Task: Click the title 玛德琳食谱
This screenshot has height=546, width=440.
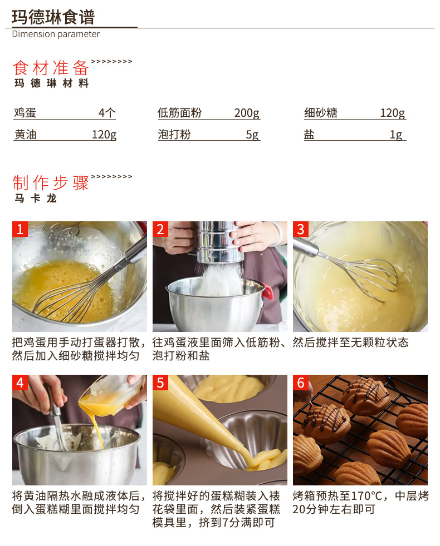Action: tap(53, 17)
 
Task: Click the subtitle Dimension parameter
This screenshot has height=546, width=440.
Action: tap(56, 34)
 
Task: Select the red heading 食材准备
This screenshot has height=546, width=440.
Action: tap(51, 68)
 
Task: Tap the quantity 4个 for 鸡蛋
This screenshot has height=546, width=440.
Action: tap(107, 113)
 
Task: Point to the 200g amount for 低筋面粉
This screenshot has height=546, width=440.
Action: tap(247, 113)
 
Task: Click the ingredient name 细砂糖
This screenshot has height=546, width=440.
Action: tap(321, 113)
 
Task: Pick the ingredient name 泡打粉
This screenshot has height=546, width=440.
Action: tap(174, 135)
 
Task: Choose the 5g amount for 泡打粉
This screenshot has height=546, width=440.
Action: tap(252, 135)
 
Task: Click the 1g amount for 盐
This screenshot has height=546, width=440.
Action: tap(396, 135)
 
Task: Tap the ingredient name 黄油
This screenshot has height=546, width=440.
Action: tap(26, 135)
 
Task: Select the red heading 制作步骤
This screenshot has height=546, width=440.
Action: tap(51, 183)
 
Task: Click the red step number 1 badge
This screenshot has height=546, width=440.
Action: tap(20, 229)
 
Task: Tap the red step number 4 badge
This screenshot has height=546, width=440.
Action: tap(20, 383)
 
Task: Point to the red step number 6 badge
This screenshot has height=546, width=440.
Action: tap(301, 383)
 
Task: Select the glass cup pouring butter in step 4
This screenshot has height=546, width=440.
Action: tap(111, 395)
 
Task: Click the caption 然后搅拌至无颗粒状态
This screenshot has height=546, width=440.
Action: tap(351, 343)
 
